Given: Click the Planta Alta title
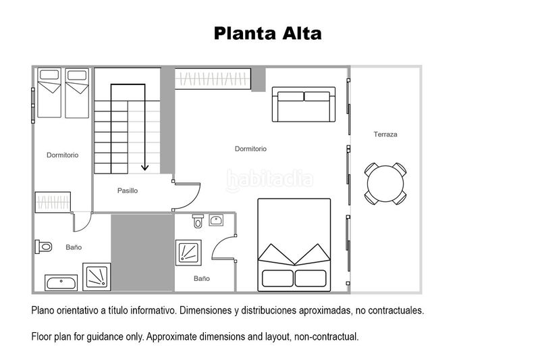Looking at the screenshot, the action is pos(267,33).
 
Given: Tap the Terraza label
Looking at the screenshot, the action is pos(385,134).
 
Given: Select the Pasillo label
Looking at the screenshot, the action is pos(128,190).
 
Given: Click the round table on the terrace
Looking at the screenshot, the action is pos(385,184).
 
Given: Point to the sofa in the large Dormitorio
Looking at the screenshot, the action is pos(303,105).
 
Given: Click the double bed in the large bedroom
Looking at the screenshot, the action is pos(294,245).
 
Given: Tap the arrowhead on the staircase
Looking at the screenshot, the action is pos(144,167).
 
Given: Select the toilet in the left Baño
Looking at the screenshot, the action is pos(43,247).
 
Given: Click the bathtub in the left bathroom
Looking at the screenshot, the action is pos(61,283).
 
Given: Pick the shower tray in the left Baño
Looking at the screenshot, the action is pos(97,277).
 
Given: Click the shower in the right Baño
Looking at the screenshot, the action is pos(188,253).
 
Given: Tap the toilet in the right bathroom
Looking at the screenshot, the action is pos(198,221).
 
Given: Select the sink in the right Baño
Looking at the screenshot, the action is pos(216,220).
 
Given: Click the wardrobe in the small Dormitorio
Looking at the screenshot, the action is pos(53,202).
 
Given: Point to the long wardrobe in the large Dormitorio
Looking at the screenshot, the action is pos(213,79).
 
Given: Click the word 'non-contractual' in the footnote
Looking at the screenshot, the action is pos(326,336).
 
